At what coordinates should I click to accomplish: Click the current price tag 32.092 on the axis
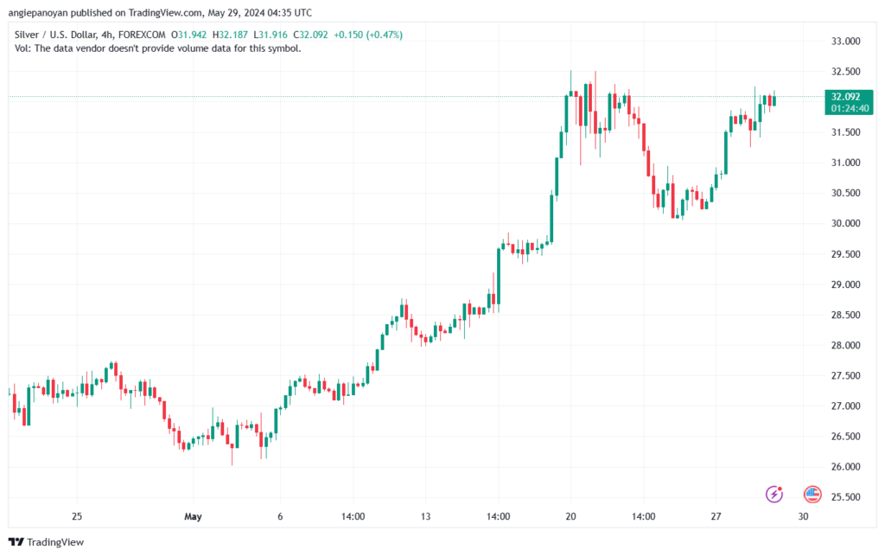[x=846, y=97]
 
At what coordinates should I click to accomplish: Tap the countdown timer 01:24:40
[x=846, y=109]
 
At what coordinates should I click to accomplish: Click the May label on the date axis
[x=193, y=517]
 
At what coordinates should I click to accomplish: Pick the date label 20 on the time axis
[x=570, y=517]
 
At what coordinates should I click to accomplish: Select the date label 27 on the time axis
[x=716, y=517]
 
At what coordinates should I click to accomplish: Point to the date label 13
[x=425, y=517]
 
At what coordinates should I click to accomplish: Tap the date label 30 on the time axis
[x=803, y=517]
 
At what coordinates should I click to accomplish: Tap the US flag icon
[x=812, y=495]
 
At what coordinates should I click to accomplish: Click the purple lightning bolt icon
[x=774, y=495]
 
